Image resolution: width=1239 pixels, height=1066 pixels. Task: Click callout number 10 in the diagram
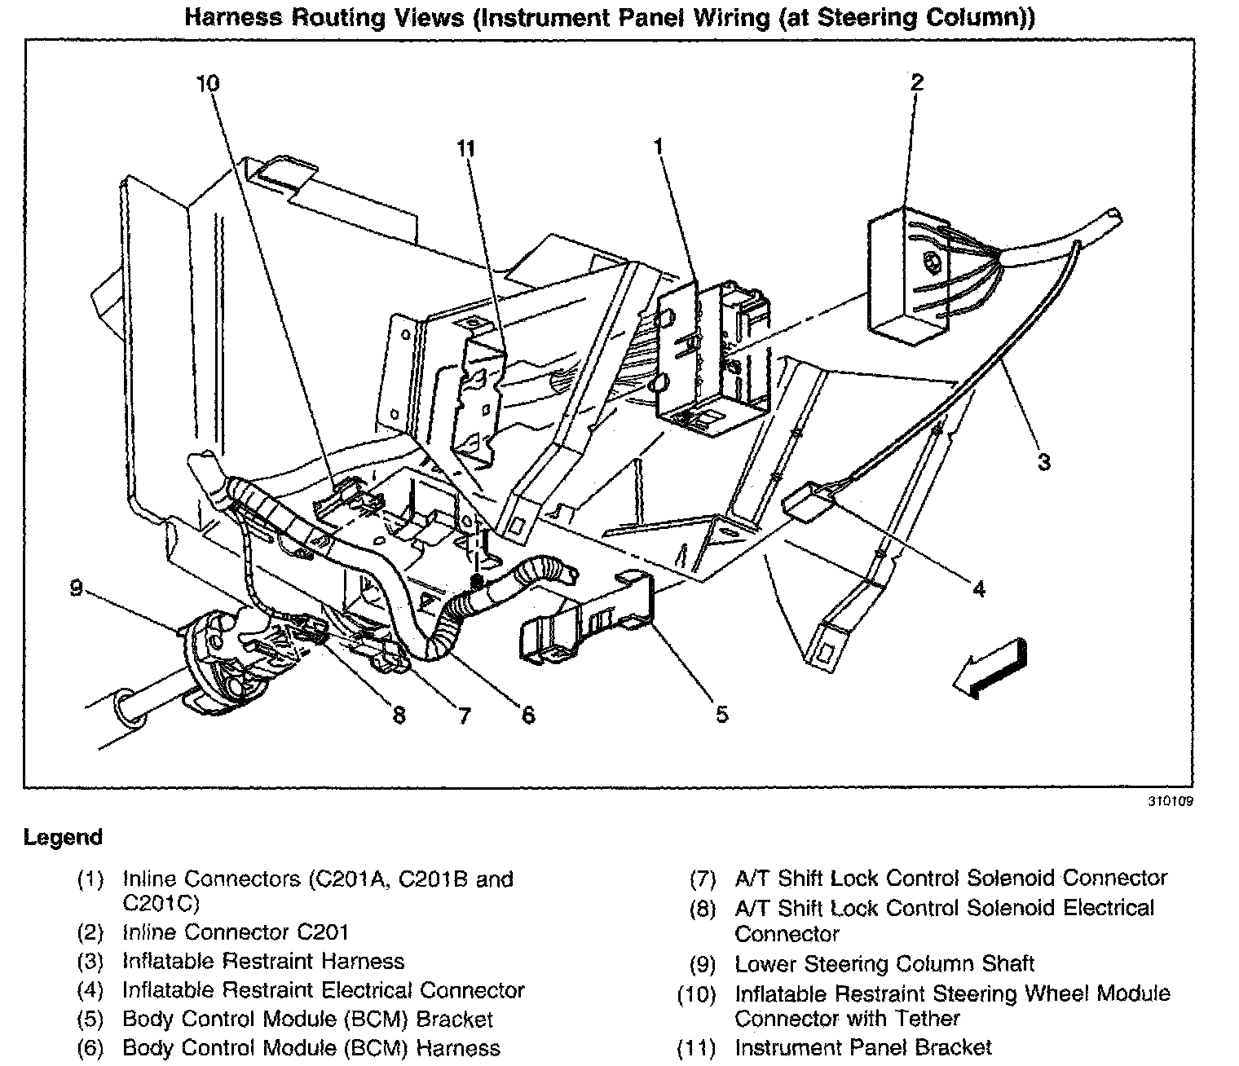[x=208, y=84]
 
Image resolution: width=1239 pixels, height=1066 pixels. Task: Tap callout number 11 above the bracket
[x=465, y=149]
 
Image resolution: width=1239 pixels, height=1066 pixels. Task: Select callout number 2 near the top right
[x=917, y=81]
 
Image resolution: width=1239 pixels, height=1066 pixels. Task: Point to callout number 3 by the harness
[x=1043, y=462]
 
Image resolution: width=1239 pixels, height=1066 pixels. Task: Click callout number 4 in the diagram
[x=978, y=588]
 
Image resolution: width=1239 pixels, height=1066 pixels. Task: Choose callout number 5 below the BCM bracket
[x=721, y=715]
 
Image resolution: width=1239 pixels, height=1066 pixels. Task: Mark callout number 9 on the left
[x=77, y=588]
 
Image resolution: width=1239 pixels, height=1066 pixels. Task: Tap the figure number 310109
[x=1171, y=801]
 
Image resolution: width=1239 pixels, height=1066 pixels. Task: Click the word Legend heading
[x=64, y=837]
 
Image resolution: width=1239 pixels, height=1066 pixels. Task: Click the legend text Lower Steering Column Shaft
[x=884, y=964]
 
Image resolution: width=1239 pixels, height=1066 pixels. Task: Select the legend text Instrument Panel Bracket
[x=863, y=1047]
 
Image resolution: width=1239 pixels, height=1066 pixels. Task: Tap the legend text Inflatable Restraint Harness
[x=263, y=962]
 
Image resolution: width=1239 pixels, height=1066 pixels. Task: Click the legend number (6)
[x=90, y=1047]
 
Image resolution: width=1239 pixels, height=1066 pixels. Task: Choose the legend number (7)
[x=702, y=879]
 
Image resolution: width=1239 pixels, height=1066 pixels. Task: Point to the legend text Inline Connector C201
[x=236, y=932]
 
